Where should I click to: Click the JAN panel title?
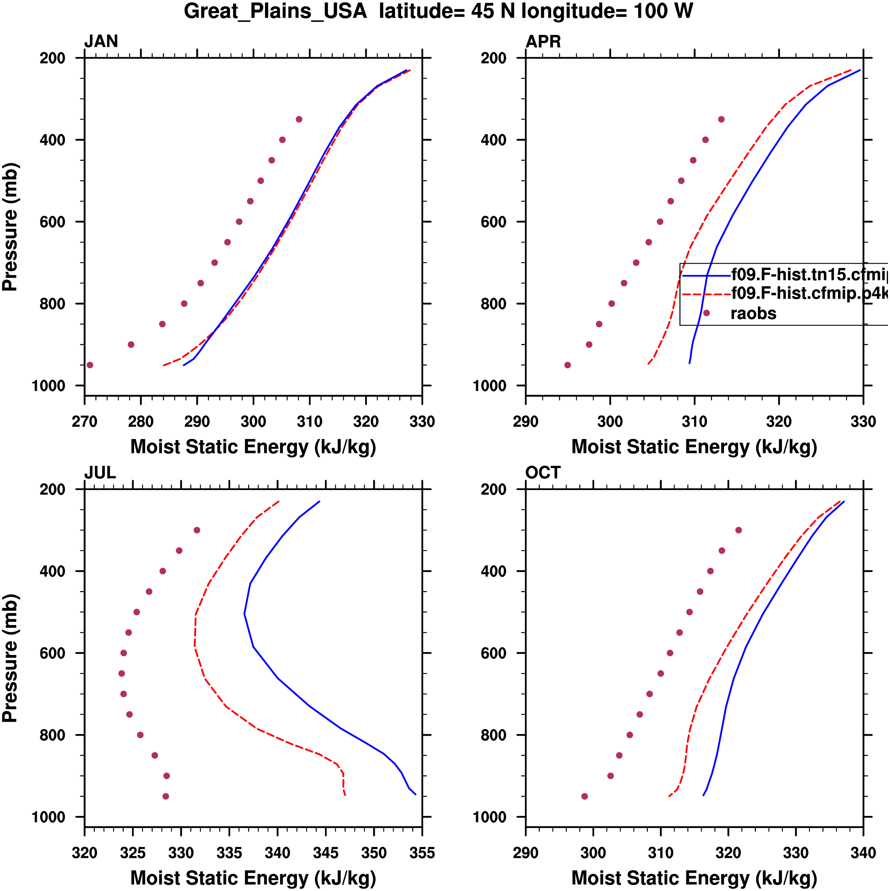pyautogui.click(x=101, y=42)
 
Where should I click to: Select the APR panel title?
pyautogui.click(x=543, y=42)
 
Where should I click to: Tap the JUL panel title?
pyautogui.click(x=100, y=473)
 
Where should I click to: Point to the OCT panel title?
pyautogui.click(x=543, y=473)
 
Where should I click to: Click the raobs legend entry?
pyautogui.click(x=753, y=314)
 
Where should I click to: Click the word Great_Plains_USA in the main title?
pyautogui.click(x=275, y=11)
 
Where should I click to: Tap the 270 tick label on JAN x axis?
pyautogui.click(x=84, y=421)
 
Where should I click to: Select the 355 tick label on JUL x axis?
pyautogui.click(x=422, y=853)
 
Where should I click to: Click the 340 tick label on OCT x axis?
pyautogui.click(x=863, y=853)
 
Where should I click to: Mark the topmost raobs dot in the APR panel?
pyautogui.click(x=721, y=119)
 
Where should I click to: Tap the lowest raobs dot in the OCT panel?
pyautogui.click(x=584, y=796)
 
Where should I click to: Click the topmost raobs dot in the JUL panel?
pyautogui.click(x=197, y=530)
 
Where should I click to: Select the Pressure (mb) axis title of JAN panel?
pyautogui.click(x=10, y=226)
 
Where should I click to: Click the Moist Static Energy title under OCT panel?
pyautogui.click(x=694, y=878)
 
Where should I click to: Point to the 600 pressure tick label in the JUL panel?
pyautogui.click(x=52, y=653)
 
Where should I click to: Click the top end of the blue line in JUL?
pyautogui.click(x=319, y=501)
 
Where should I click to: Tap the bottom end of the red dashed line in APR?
pyautogui.click(x=648, y=364)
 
